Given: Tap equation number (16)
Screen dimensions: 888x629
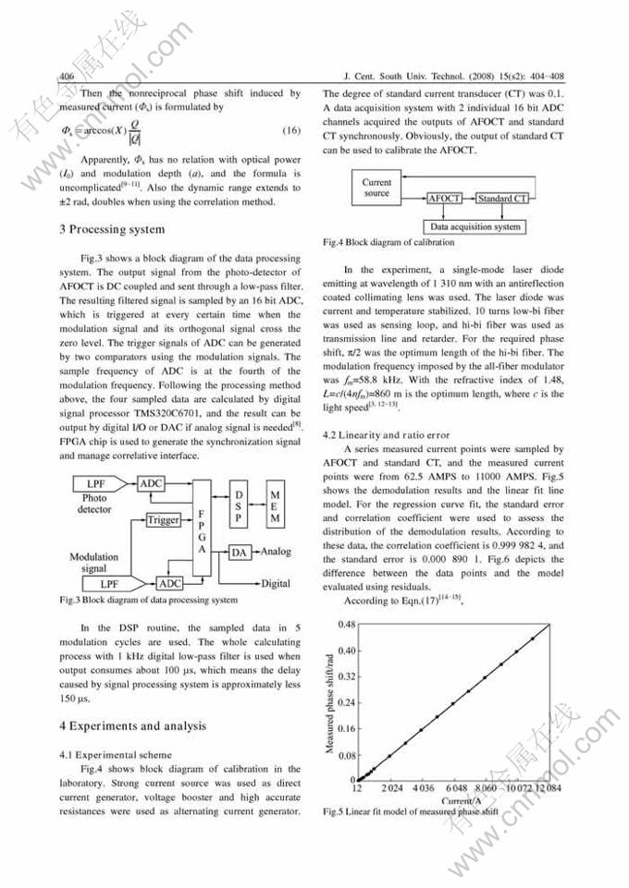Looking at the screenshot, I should (291, 130).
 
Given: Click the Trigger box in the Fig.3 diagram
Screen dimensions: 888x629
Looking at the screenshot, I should (164, 520).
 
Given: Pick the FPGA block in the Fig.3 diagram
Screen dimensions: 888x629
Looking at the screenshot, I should (203, 525).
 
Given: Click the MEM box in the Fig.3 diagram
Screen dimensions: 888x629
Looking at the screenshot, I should (277, 508).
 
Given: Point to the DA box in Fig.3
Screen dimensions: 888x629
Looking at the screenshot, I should (240, 553).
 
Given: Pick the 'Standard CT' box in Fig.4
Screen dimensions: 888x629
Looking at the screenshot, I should (502, 200).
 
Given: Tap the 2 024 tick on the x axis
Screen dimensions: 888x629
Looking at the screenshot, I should (391, 788).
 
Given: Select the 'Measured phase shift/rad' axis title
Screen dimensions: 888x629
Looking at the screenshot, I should (330, 699).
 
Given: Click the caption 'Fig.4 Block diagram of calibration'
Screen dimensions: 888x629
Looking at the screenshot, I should (388, 243).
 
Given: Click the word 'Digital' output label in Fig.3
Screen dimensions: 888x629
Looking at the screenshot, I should (276, 583).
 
